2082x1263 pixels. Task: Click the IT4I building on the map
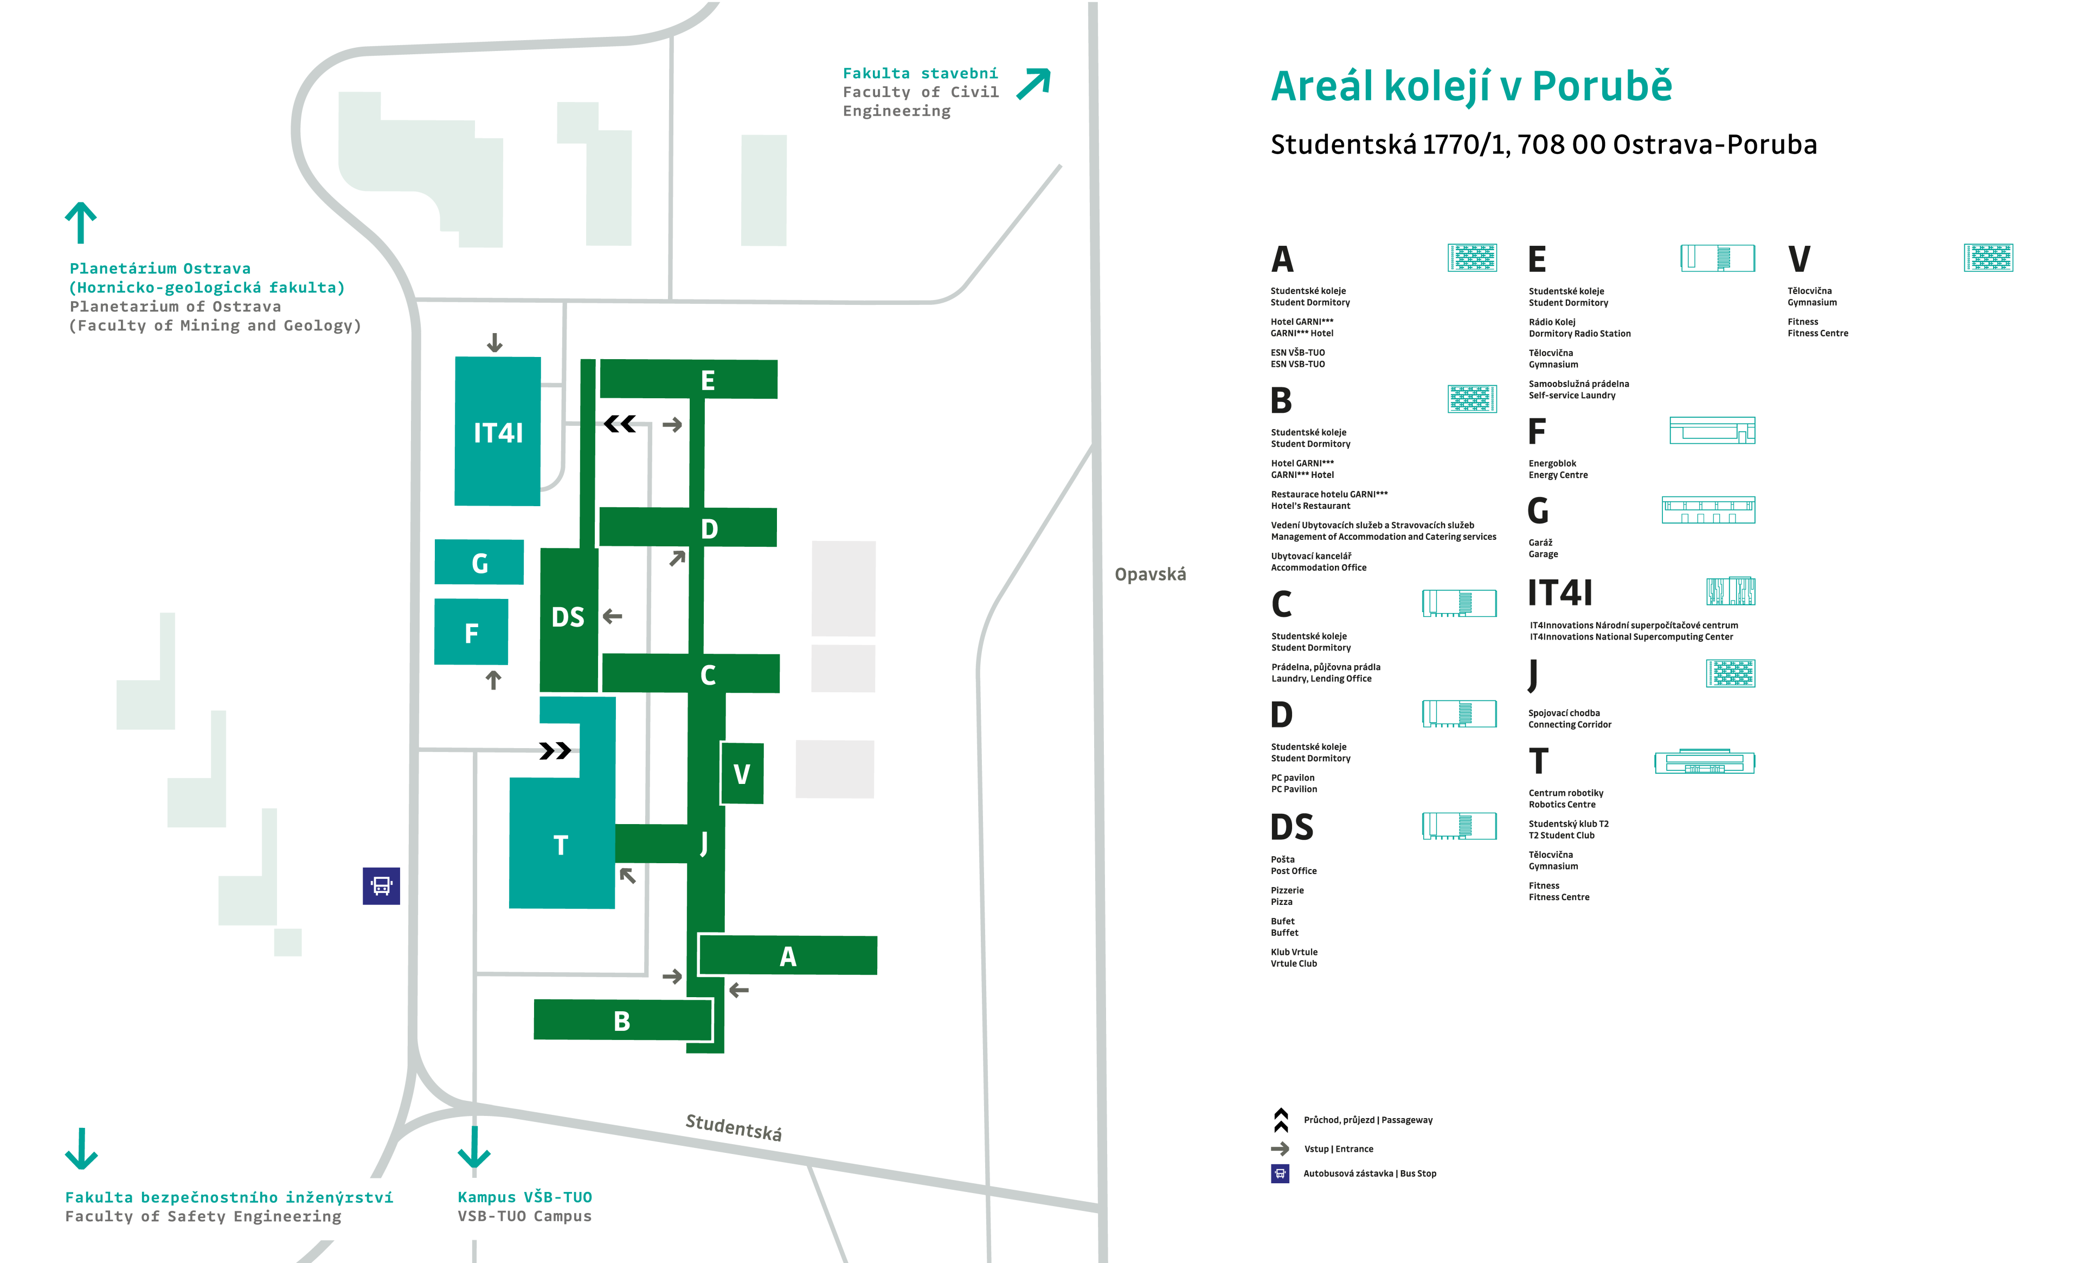click(498, 431)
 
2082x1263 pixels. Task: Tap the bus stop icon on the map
click(381, 886)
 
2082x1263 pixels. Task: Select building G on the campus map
click(479, 562)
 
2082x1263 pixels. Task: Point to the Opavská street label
click(1150, 575)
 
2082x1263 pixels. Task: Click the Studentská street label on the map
click(734, 1127)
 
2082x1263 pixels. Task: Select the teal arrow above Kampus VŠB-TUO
click(474, 1147)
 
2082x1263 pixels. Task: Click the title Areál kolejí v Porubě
click(1471, 86)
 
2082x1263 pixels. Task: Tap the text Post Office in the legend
click(1294, 871)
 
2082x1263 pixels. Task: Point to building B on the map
click(622, 1020)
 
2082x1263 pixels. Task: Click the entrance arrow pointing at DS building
click(613, 616)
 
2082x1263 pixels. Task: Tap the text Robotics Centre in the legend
click(1562, 805)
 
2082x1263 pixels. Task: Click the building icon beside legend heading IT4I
click(1731, 591)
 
